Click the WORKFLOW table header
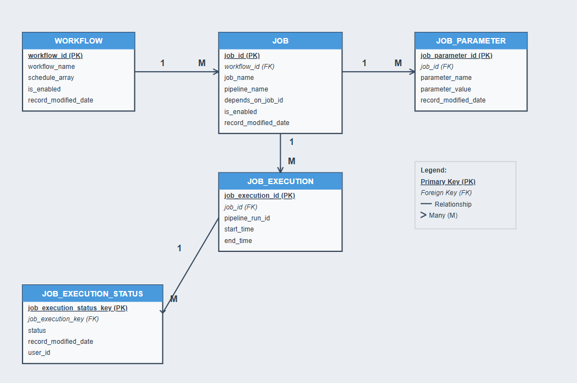tap(78, 41)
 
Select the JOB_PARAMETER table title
tap(471, 41)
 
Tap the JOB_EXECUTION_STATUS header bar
tap(92, 294)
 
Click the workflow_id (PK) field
tap(55, 56)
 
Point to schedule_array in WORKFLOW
tap(51, 78)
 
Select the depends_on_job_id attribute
tap(253, 100)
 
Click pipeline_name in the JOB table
tap(246, 89)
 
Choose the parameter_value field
tap(445, 89)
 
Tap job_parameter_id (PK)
tap(456, 56)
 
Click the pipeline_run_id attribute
tap(247, 218)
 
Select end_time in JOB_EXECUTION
tap(238, 241)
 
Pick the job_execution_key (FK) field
tap(63, 319)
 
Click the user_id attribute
tap(39, 353)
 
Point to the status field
tap(37, 331)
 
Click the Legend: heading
tap(433, 170)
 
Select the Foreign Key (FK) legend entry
tap(446, 193)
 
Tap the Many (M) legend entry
tap(443, 215)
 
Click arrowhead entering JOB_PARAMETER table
tap(412, 72)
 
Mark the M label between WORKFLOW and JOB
tap(202, 63)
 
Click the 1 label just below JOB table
tap(291, 142)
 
